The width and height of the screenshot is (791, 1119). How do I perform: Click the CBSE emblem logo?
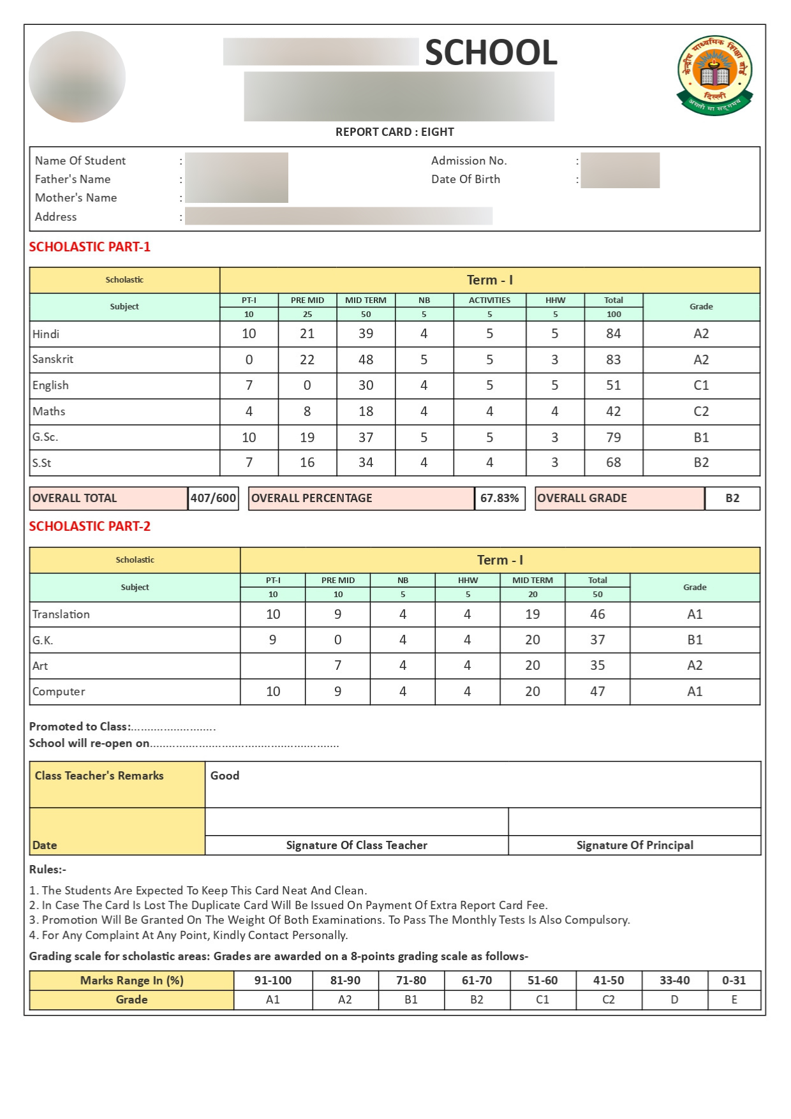pyautogui.click(x=714, y=75)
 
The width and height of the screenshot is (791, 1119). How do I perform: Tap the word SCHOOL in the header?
pyautogui.click(x=491, y=52)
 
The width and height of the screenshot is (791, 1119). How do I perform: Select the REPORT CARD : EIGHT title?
pyautogui.click(x=394, y=132)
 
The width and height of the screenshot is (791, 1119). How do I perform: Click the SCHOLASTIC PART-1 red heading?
pyautogui.click(x=89, y=247)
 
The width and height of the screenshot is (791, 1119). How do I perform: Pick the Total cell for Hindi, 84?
pyautogui.click(x=613, y=334)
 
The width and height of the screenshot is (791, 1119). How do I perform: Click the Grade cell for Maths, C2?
pyautogui.click(x=700, y=411)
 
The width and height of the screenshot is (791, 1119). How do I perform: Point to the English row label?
pyautogui.click(x=50, y=385)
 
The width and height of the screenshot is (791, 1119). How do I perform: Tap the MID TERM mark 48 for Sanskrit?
pyautogui.click(x=366, y=360)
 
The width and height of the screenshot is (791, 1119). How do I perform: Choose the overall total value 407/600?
pyautogui.click(x=213, y=498)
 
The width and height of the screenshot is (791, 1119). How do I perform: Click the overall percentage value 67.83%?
pyautogui.click(x=499, y=498)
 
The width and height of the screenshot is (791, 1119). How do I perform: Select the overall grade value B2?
pyautogui.click(x=732, y=498)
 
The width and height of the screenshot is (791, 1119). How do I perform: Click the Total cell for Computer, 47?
pyautogui.click(x=597, y=692)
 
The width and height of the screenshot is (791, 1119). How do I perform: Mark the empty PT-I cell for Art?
pyautogui.click(x=272, y=665)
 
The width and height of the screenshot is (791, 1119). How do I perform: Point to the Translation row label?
pyautogui.click(x=61, y=614)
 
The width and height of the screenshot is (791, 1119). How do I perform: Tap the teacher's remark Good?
pyautogui.click(x=225, y=776)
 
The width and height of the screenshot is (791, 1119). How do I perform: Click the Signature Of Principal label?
pyautogui.click(x=634, y=845)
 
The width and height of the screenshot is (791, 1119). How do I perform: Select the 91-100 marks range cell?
pyautogui.click(x=272, y=981)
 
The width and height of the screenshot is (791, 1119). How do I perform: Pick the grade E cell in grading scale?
pyautogui.click(x=734, y=1000)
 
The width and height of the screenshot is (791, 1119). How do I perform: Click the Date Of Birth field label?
pyautogui.click(x=465, y=179)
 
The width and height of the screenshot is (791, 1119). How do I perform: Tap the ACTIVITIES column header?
pyautogui.click(x=489, y=300)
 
